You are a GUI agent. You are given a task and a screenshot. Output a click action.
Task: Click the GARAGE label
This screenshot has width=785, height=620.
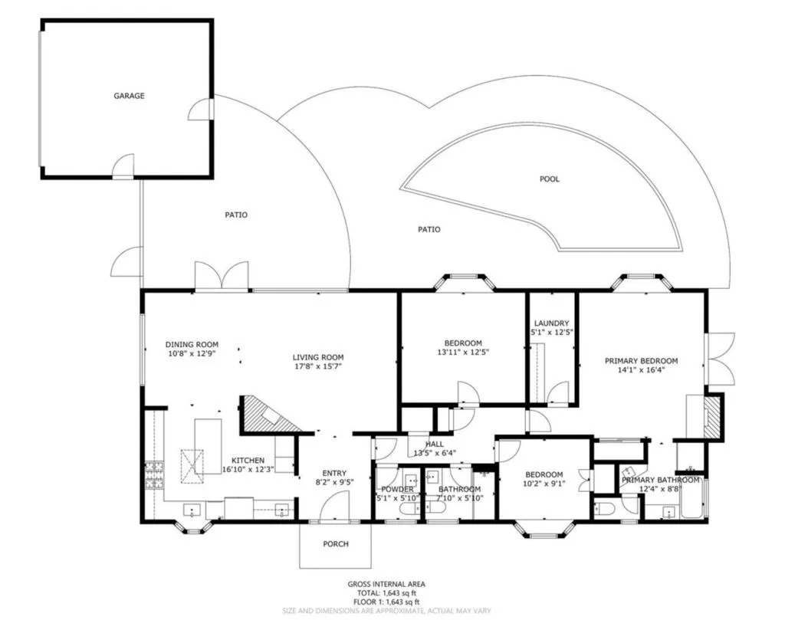[130, 96]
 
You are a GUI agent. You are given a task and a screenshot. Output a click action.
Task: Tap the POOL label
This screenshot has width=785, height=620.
[550, 179]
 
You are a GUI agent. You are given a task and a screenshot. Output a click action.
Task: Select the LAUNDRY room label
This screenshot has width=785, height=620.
[552, 323]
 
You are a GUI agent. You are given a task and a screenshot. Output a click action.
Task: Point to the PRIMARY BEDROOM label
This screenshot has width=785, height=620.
[641, 360]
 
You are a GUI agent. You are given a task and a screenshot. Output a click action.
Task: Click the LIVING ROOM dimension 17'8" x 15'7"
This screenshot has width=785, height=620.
[317, 366]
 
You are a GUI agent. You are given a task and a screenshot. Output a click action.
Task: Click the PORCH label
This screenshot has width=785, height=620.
[335, 544]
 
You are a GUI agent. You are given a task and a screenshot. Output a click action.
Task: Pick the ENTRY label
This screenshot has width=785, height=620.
[334, 473]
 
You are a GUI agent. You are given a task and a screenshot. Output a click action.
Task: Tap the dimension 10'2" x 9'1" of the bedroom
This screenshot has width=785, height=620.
[544, 484]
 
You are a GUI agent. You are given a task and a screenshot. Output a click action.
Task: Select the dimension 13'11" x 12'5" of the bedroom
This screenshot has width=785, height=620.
[462, 353]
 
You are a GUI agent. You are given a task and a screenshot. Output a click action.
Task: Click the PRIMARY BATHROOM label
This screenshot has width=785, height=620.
[660, 480]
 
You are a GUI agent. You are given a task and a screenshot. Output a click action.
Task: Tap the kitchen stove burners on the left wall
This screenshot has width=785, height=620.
[154, 474]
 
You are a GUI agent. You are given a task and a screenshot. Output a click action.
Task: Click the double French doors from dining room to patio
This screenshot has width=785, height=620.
[222, 276]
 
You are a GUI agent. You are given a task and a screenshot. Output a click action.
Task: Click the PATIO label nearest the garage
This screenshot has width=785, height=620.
[236, 215]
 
